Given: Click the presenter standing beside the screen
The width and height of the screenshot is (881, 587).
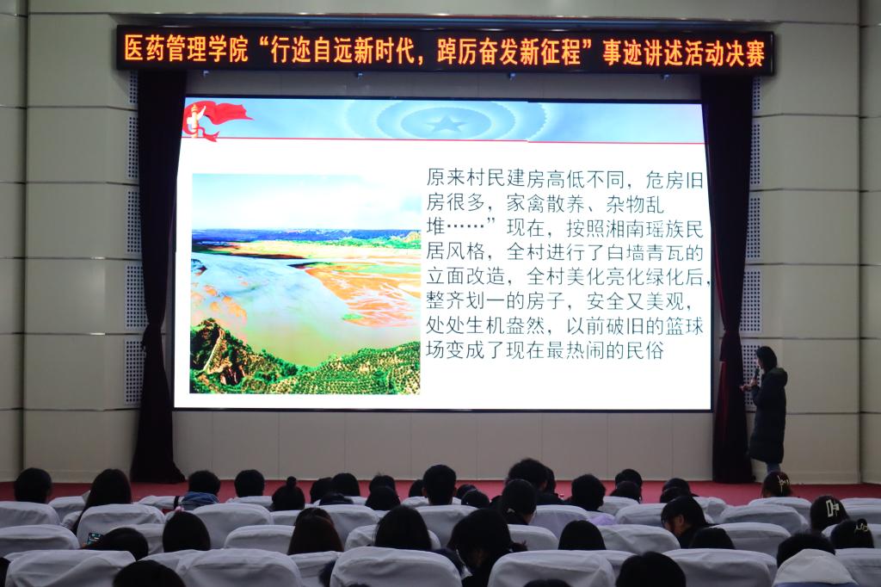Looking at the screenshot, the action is tap(767, 409).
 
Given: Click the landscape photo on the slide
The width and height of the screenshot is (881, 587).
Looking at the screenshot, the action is tap(305, 283).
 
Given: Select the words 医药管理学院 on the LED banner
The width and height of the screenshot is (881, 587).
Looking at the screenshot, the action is tap(186, 49).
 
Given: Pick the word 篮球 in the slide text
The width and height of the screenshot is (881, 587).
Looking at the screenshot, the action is tap(684, 325).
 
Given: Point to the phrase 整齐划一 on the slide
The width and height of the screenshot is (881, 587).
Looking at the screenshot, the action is tap(465, 300).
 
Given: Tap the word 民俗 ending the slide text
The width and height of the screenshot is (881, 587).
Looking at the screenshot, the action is tap(645, 349).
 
